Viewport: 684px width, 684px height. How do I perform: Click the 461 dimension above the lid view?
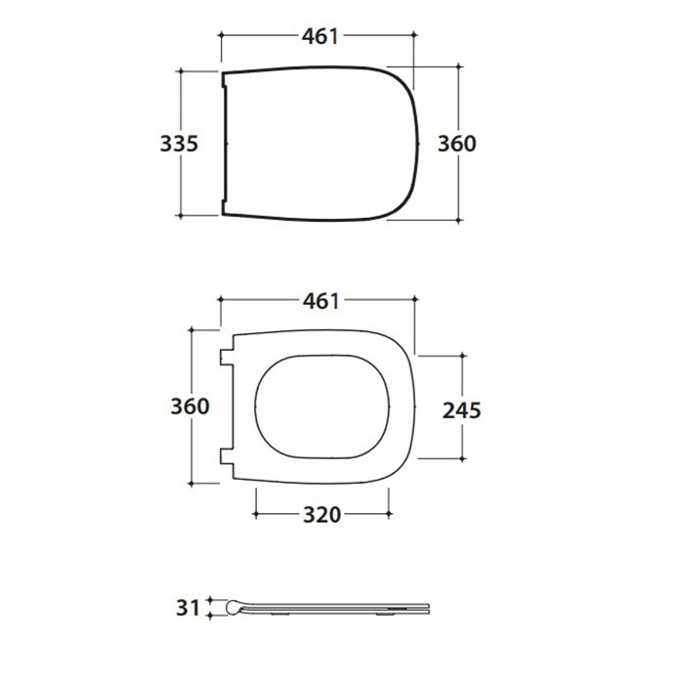320,36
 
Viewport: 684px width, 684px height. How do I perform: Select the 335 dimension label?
179,144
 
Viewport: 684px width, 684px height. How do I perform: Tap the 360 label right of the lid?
456,144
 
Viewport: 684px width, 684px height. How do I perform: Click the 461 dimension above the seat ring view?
321,301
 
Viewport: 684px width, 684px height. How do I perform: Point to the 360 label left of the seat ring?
190,406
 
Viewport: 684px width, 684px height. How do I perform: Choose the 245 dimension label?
461,410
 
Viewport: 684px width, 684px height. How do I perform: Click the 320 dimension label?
321,515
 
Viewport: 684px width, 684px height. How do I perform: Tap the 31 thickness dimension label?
188,608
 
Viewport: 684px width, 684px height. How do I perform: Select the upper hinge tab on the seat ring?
227,358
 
